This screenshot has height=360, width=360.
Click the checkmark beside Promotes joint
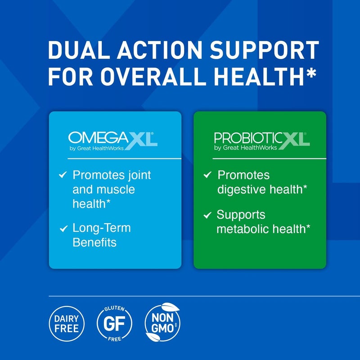[63, 175]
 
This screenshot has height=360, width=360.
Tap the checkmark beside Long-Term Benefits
[63, 229]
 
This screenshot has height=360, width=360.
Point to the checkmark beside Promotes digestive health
[207, 175]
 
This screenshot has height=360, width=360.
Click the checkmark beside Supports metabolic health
[207, 215]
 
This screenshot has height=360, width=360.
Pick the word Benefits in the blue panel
[94, 243]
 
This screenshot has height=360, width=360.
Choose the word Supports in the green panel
[241, 215]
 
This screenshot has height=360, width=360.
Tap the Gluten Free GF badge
[114, 322]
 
